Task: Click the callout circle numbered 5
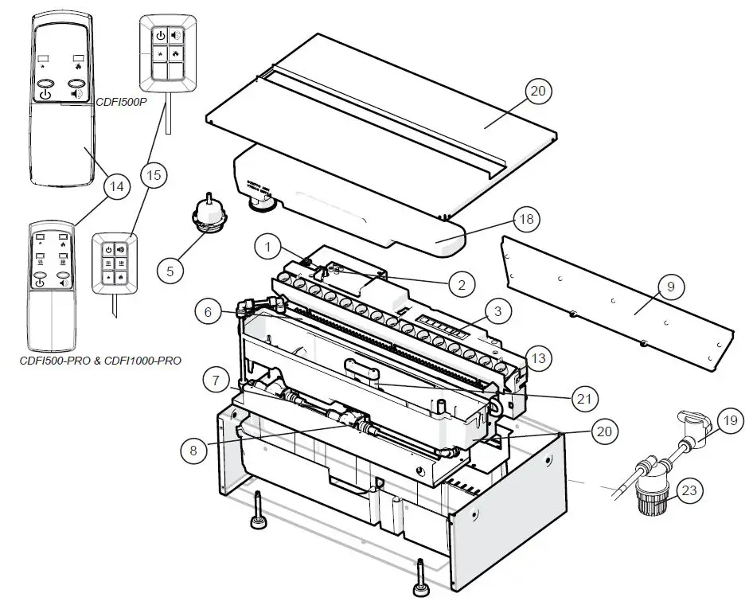click(170, 270)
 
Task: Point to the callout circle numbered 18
click(525, 219)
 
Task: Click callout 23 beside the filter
click(689, 490)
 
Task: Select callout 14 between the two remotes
click(117, 186)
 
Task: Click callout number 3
click(497, 311)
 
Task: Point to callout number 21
click(583, 396)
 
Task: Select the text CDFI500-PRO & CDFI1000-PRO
click(100, 360)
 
